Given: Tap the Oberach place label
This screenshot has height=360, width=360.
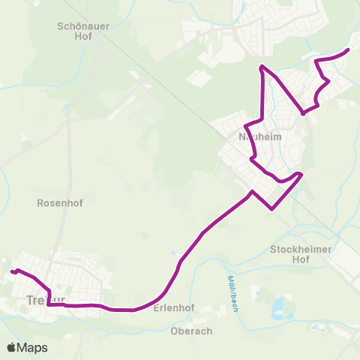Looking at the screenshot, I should pyautogui.click(x=192, y=331).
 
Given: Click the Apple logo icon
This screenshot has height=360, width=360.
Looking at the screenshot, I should pyautogui.click(x=12, y=347).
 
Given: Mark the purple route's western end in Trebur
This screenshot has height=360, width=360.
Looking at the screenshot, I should pyautogui.click(x=11, y=271).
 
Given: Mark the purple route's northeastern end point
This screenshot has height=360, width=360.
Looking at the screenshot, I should pyautogui.click(x=349, y=49).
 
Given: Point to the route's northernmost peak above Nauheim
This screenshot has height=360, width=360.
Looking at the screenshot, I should pyautogui.click(x=261, y=67).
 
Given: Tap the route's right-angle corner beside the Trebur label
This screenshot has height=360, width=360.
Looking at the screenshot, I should pyautogui.click(x=48, y=304).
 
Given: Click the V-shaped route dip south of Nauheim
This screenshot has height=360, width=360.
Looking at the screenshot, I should pyautogui.click(x=271, y=208).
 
